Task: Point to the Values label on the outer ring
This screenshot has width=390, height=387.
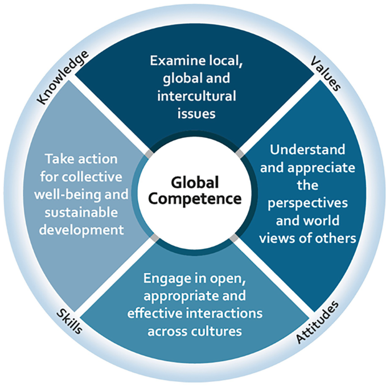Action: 326,74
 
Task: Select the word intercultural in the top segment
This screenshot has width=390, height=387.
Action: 197,95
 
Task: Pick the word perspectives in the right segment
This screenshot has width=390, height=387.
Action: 307,203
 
